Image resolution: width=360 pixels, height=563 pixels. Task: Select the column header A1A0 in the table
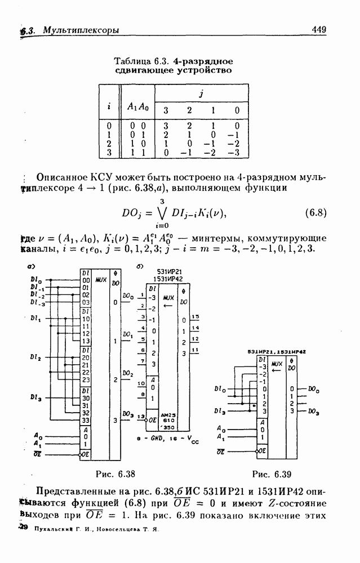click(x=137, y=107)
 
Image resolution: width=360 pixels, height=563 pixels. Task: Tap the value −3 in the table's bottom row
click(x=237, y=153)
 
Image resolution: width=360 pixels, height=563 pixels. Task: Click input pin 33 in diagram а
click(x=86, y=420)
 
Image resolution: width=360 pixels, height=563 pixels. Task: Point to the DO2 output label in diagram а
click(x=127, y=374)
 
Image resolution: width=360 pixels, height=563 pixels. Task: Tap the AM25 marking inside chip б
click(x=168, y=414)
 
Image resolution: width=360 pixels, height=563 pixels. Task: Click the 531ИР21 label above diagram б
click(x=163, y=271)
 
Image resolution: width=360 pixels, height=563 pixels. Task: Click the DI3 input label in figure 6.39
click(x=221, y=410)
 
